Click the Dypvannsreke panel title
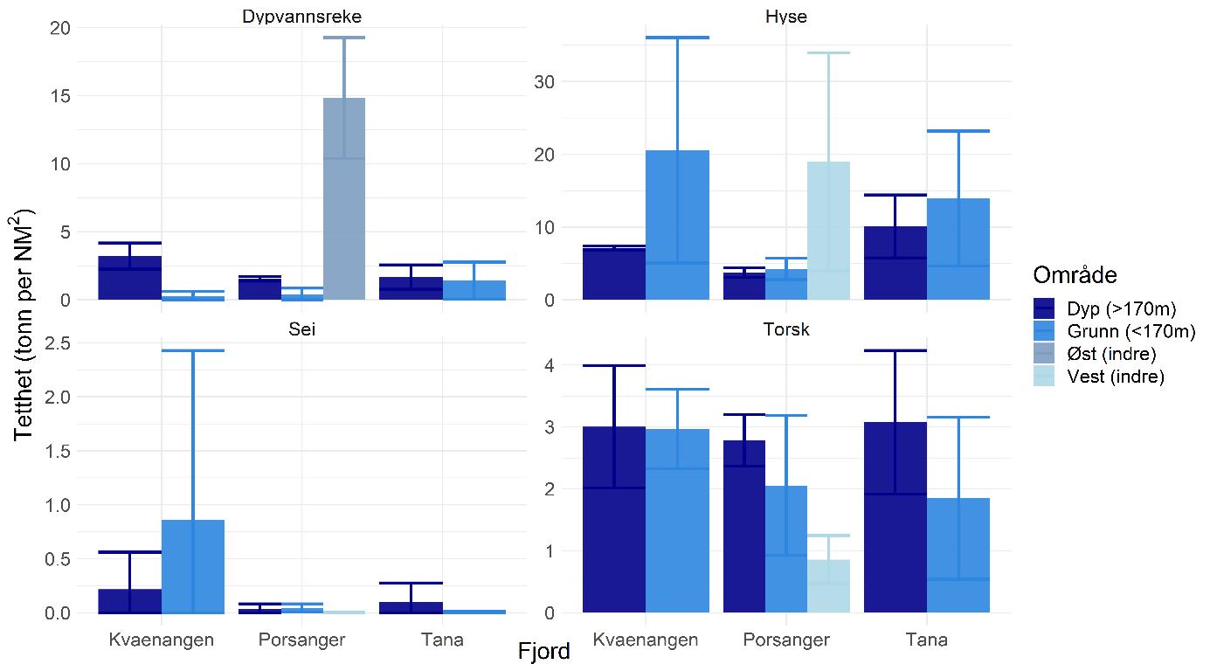[302, 17]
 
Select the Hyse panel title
[786, 17]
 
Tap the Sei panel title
[302, 330]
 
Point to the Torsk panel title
[786, 330]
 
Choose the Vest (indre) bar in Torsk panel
[828, 586]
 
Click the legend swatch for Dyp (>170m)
[1044, 308]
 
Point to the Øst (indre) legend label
[1111, 354]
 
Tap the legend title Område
[1075, 275]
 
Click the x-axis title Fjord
[543, 652]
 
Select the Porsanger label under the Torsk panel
[786, 640]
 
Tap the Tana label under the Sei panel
[442, 640]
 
